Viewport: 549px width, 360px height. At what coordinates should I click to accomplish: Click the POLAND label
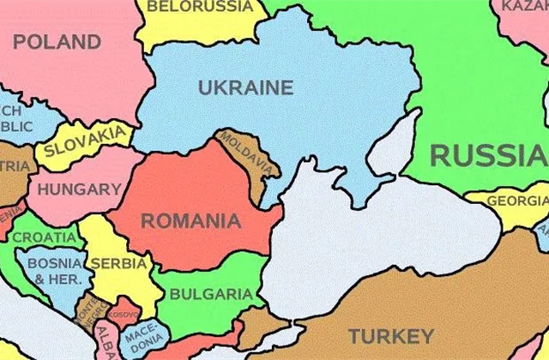point(57,42)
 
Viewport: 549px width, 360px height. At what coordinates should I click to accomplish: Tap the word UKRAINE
point(245,87)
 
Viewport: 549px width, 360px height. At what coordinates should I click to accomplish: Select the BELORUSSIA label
point(200,7)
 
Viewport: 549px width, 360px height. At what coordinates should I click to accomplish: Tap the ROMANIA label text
point(190,221)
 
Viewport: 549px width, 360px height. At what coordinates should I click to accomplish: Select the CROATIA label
point(43,237)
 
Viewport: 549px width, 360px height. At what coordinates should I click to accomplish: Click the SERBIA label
point(118,264)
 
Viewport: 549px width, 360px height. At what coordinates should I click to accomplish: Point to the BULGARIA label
point(211,295)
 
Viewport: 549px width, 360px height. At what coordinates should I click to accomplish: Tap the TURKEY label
point(390,335)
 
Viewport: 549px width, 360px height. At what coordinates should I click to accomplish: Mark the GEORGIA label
point(517,201)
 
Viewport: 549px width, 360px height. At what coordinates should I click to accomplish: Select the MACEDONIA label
point(141,340)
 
